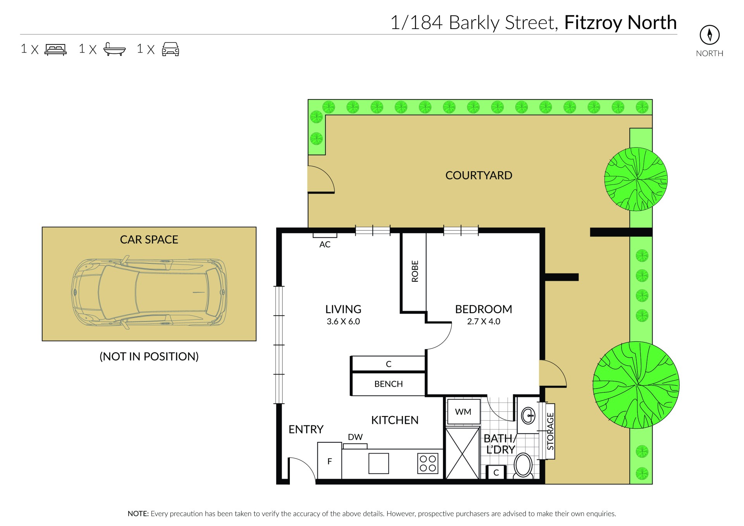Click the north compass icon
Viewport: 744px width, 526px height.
[x=710, y=35]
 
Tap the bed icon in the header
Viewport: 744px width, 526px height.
[x=56, y=50]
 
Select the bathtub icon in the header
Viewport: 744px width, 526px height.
[x=115, y=49]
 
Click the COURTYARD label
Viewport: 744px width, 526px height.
[x=479, y=175]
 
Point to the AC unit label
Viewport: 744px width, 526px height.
[x=325, y=244]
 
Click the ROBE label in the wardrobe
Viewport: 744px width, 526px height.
[x=415, y=271]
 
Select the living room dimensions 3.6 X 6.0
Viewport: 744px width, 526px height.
[x=343, y=321]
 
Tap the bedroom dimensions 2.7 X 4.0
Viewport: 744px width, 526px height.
[x=484, y=321]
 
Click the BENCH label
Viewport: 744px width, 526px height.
[x=388, y=384]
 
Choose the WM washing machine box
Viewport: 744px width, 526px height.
[x=463, y=412]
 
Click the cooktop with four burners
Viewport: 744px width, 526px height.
[x=428, y=463]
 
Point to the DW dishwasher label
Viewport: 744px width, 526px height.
[x=355, y=437]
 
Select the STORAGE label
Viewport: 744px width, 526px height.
[x=550, y=431]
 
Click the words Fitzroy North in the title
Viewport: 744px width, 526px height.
[x=620, y=22]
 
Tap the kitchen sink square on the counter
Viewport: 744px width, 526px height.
[x=379, y=463]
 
